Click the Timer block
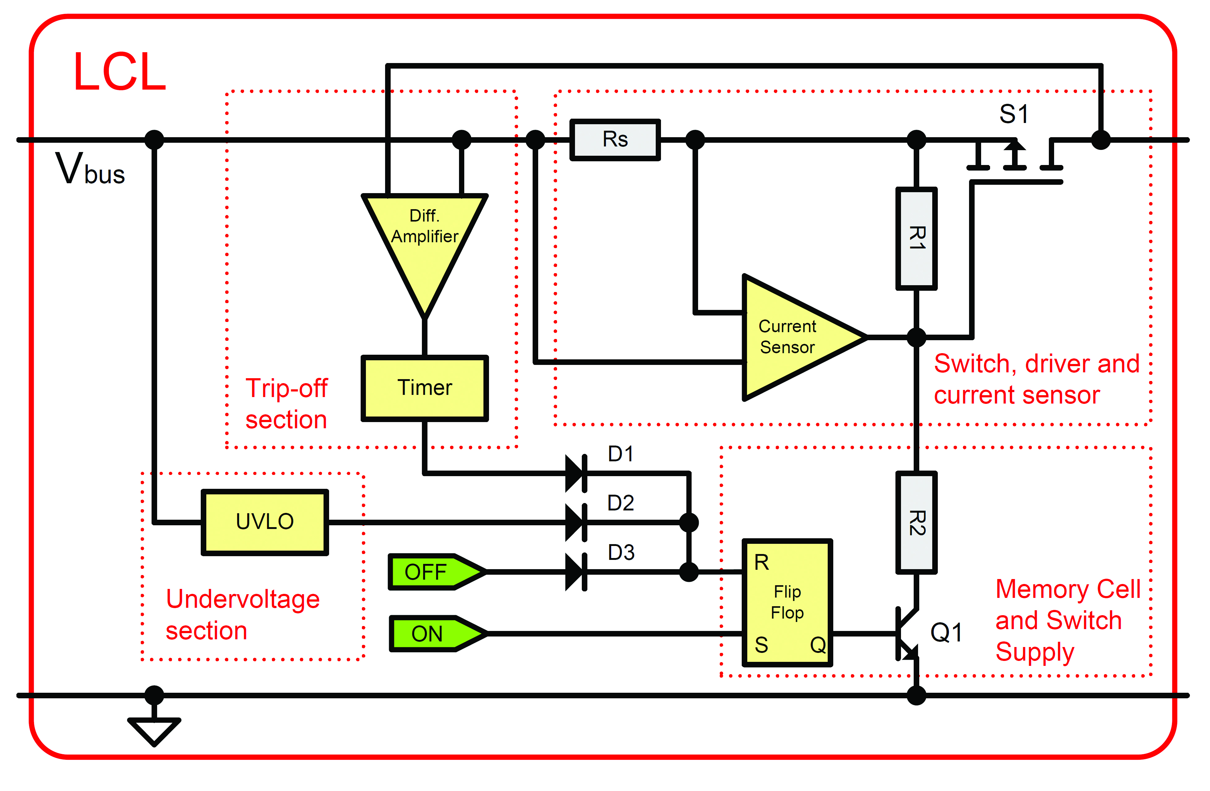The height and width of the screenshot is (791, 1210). pyautogui.click(x=424, y=388)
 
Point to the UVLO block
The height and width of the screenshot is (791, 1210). pyautogui.click(x=265, y=522)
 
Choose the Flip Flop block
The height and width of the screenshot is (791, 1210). pyautogui.click(x=787, y=603)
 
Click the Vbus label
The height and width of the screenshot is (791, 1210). pyautogui.click(x=90, y=169)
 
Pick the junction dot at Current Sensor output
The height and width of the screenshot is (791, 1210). pyautogui.click(x=916, y=337)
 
